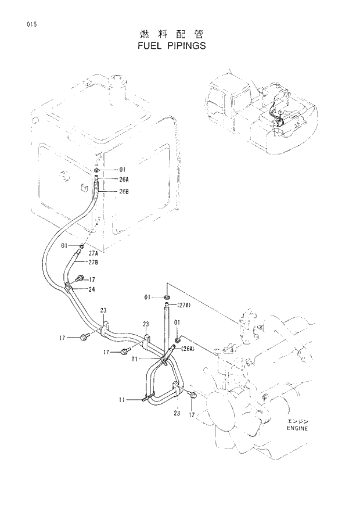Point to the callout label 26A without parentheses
[x=124, y=180]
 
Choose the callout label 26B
[x=124, y=191]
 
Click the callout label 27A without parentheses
[x=93, y=253]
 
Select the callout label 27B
[x=93, y=262]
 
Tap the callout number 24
[x=92, y=289]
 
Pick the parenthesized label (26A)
[x=188, y=349]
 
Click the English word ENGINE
[x=297, y=428]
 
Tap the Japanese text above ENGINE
[x=297, y=421]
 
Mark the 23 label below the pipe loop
[x=177, y=413]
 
